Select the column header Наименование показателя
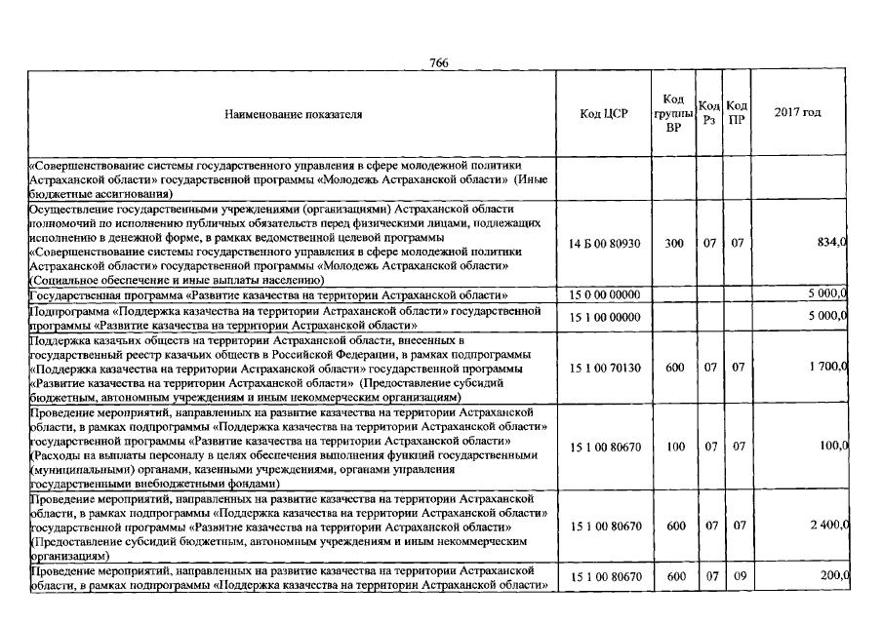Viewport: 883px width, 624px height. point(293,114)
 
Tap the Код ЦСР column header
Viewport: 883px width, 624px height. point(604,113)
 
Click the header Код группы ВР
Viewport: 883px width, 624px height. point(673,113)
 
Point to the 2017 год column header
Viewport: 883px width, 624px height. point(797,113)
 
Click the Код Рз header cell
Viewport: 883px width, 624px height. point(709,113)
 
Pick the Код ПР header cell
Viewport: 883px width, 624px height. point(737,113)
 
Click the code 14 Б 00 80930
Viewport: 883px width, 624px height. point(604,244)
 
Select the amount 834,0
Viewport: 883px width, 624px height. point(830,244)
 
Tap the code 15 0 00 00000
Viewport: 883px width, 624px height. point(604,294)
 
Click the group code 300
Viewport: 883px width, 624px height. point(674,244)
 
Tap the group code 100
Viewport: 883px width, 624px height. point(674,447)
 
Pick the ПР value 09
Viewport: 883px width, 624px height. point(738,576)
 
